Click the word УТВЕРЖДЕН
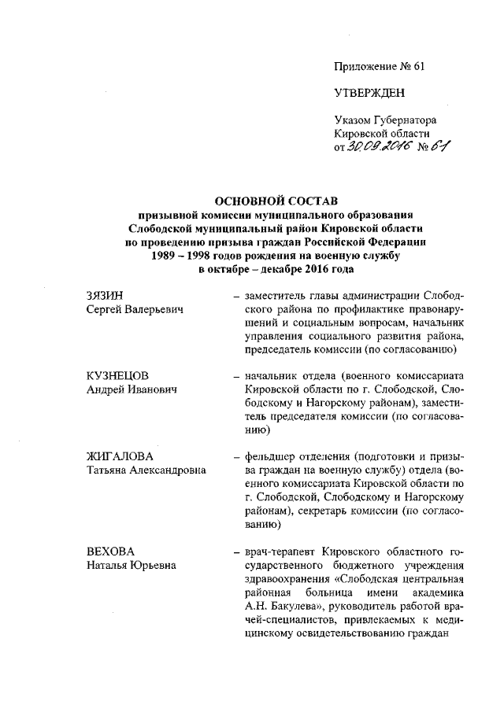click(369, 93)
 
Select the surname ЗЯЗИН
click(105, 296)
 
